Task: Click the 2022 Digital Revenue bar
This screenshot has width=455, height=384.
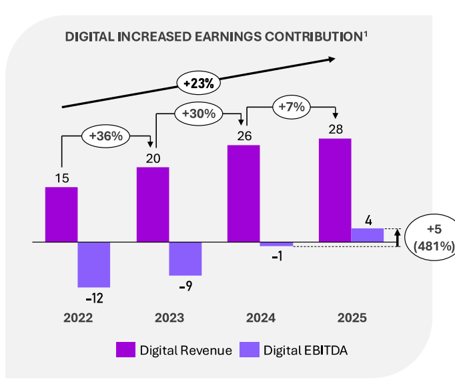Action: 61,214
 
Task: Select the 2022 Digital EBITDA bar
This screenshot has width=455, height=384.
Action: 94,264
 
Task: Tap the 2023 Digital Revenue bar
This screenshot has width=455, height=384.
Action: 153,204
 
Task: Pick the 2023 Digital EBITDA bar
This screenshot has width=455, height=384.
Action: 185,258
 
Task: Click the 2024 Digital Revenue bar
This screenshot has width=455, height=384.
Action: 244,193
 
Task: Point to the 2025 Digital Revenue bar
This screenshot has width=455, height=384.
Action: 335,190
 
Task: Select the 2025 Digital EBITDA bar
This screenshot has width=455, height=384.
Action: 367,234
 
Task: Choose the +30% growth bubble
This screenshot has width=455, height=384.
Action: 198,114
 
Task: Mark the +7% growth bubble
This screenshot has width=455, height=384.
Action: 291,106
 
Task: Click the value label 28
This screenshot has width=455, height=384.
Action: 336,129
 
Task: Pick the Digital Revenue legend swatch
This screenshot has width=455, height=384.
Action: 125,350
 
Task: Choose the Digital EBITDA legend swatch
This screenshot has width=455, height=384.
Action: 250,350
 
